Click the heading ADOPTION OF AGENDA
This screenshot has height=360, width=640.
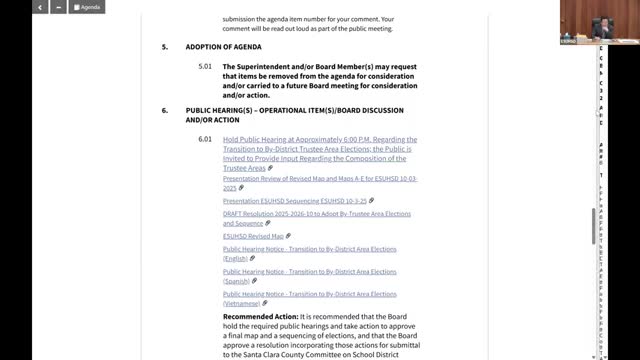click(222, 47)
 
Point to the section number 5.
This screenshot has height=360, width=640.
click(165, 47)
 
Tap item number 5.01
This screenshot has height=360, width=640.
click(205, 67)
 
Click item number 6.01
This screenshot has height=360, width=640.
click(205, 139)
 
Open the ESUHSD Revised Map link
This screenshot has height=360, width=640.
click(253, 236)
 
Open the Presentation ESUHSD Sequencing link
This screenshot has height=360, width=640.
click(288, 200)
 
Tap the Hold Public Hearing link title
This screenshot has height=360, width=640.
click(320, 149)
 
